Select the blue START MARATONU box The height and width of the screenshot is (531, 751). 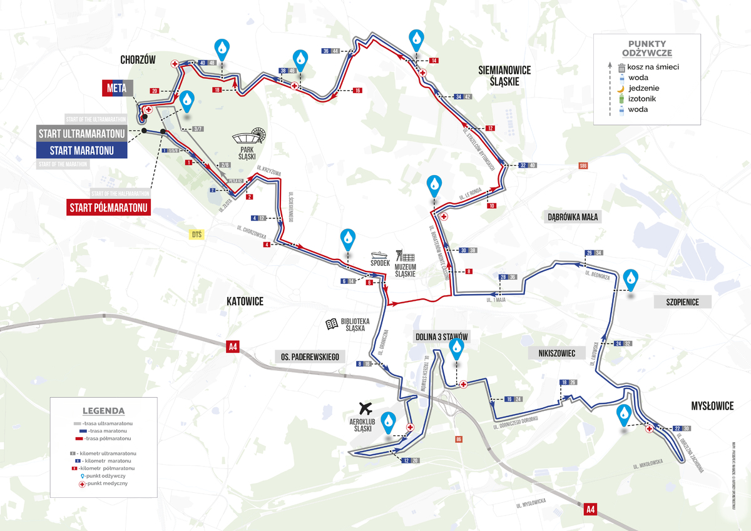[x=82, y=150]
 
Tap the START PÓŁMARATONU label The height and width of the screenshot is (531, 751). [x=108, y=207]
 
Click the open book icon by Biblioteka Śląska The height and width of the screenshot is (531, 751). [x=332, y=324]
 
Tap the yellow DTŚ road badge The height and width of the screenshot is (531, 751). [x=197, y=234]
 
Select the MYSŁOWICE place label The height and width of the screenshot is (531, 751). [x=712, y=406]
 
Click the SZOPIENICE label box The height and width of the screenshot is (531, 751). [x=677, y=302]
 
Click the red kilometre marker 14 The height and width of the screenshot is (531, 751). [x=434, y=60]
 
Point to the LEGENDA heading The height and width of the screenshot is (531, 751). [x=103, y=411]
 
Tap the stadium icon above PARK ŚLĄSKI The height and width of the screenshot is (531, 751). [x=251, y=136]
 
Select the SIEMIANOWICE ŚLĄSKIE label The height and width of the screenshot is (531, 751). [x=504, y=76]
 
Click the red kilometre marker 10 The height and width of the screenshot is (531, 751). [x=492, y=206]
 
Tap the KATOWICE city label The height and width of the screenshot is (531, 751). [x=245, y=302]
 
